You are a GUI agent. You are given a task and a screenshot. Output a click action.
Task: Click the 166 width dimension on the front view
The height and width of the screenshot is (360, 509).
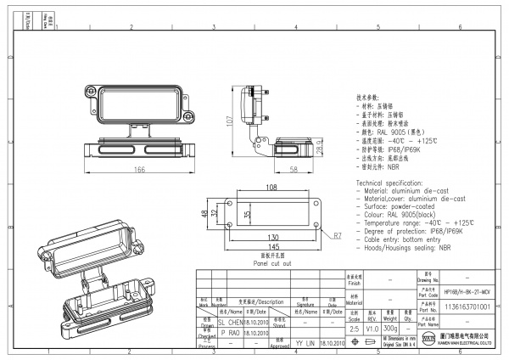pyautogui.click(x=137, y=170)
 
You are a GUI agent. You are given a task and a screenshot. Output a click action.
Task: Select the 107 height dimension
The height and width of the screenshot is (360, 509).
pyautogui.click(x=229, y=121)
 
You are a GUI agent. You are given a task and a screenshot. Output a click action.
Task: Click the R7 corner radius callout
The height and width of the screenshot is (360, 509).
pyautogui.click(x=337, y=234)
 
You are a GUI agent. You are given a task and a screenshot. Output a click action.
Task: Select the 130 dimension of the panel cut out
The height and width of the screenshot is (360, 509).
pyautogui.click(x=272, y=238)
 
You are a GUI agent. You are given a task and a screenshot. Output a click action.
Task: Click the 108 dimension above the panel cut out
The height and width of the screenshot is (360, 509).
pyautogui.click(x=272, y=187)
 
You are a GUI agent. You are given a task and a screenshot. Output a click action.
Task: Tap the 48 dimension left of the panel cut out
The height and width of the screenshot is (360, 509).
pyautogui.click(x=204, y=215)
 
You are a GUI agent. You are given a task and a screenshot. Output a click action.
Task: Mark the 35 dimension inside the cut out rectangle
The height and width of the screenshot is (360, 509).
pyautogui.click(x=247, y=215)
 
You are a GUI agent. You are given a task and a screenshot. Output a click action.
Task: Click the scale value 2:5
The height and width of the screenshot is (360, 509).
pyautogui.click(x=354, y=327)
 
